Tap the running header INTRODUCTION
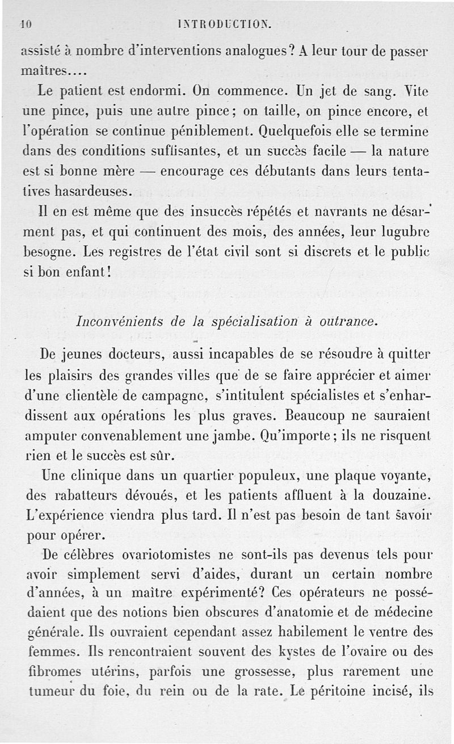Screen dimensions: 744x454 225,24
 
